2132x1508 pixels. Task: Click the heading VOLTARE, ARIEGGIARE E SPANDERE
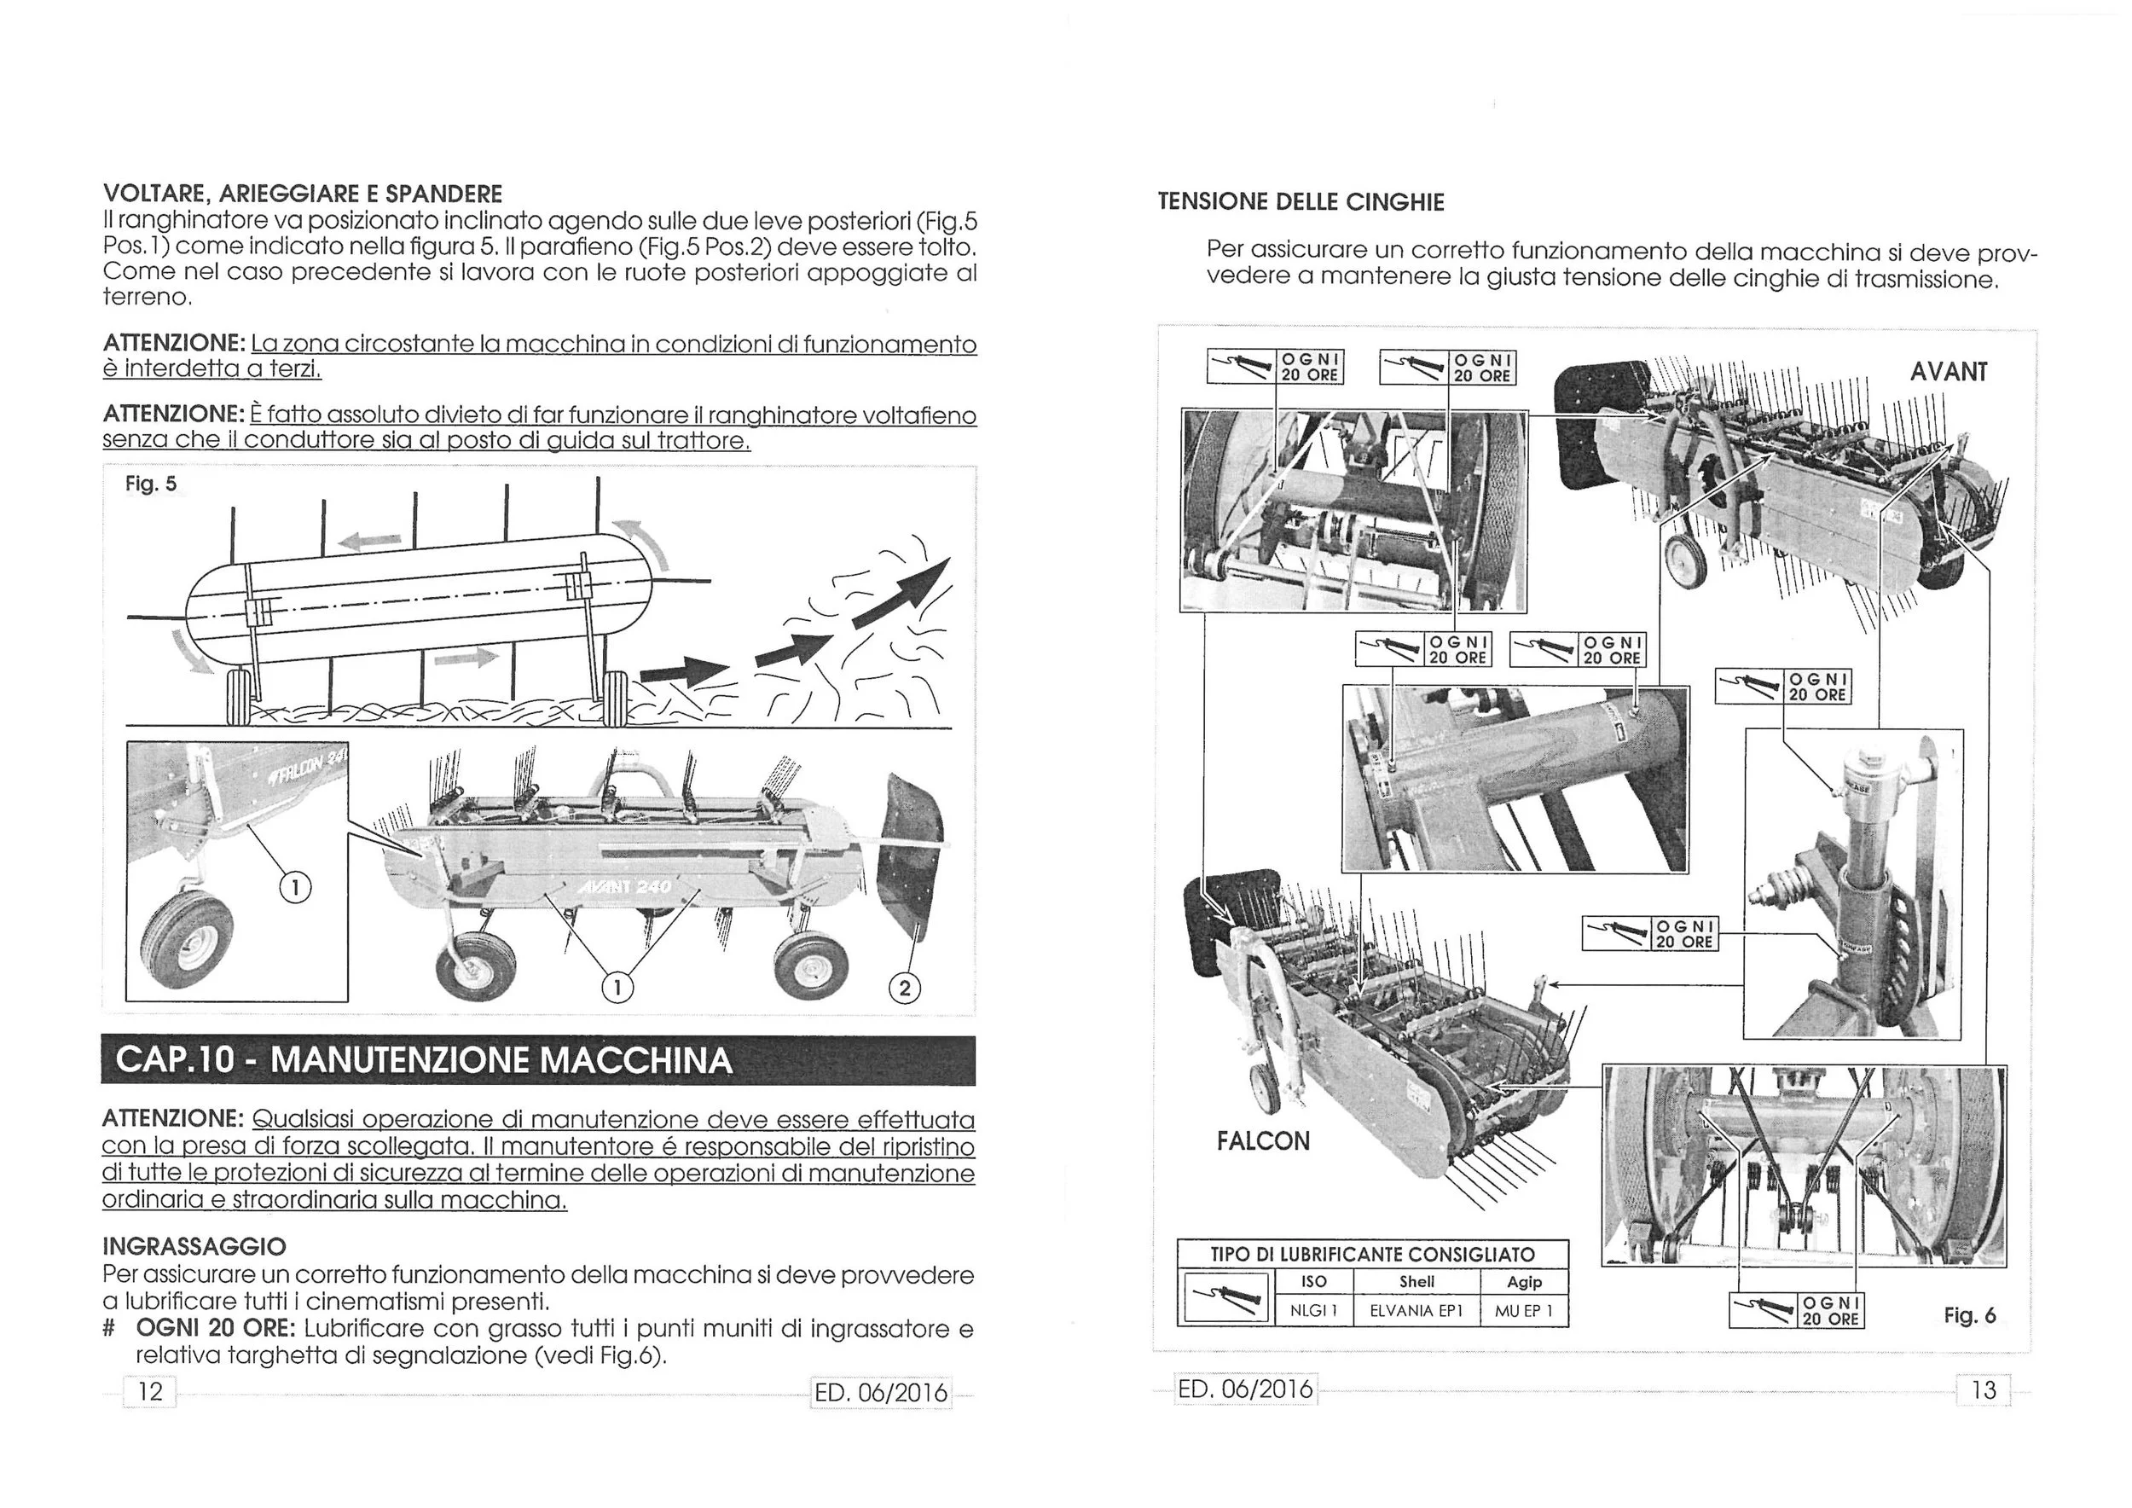[302, 194]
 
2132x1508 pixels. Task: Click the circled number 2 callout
[905, 988]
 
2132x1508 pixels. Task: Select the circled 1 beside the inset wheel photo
[294, 889]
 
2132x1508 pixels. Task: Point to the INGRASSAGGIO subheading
[194, 1245]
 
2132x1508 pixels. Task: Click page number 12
[149, 1391]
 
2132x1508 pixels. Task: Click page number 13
[1983, 1390]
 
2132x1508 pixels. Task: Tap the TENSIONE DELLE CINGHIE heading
[1301, 202]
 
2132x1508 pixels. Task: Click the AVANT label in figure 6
[1948, 373]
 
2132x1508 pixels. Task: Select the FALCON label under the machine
[1263, 1140]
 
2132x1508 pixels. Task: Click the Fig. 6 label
[1969, 1315]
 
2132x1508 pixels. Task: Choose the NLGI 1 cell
[1312, 1311]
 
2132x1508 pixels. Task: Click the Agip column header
[1524, 1281]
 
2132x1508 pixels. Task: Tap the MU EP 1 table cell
[1523, 1311]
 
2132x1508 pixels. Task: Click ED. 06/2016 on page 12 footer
[880, 1392]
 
